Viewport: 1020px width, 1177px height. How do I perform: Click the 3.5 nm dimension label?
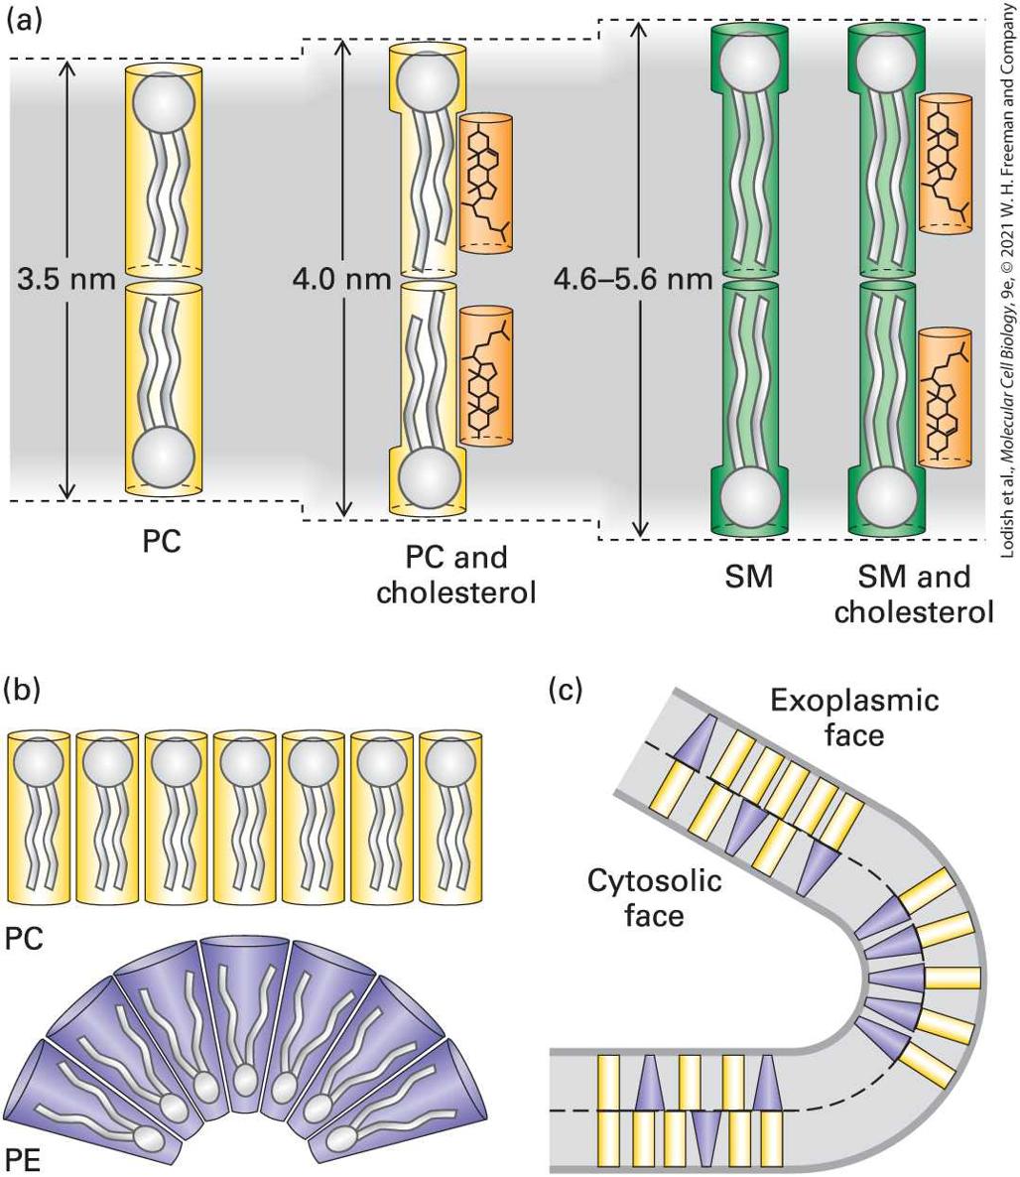pos(66,279)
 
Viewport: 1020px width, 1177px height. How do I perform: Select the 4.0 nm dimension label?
pos(342,279)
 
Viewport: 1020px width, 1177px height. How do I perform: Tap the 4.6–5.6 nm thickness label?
pos(633,279)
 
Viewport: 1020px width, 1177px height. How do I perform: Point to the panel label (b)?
pos(24,688)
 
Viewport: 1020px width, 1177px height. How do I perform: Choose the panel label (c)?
pos(566,688)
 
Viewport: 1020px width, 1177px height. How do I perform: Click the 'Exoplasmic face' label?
pos(854,717)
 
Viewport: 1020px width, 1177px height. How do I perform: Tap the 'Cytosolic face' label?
pos(655,898)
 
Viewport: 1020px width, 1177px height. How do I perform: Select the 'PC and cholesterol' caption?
pos(456,575)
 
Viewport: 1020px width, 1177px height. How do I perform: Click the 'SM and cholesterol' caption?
pos(914,594)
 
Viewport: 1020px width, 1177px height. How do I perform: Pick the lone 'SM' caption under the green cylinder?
pos(749,578)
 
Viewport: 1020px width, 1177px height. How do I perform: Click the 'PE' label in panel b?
pos(23,1160)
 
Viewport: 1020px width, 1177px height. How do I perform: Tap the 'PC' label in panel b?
pos(24,939)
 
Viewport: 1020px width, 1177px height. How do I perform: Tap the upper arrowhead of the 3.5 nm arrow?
pos(66,65)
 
